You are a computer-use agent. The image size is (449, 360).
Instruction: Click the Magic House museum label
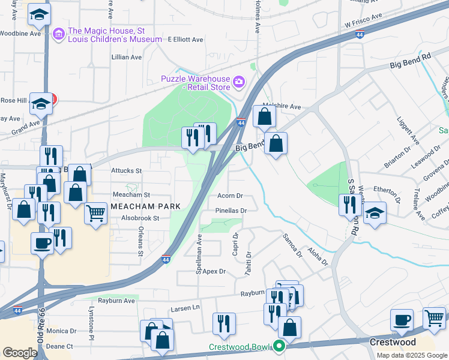115,35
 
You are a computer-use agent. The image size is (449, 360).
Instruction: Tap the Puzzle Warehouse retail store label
196,83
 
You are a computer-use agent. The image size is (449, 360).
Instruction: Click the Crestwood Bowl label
240,347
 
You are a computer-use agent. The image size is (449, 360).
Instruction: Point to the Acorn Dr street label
230,196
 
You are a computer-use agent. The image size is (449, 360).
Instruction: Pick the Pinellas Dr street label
231,211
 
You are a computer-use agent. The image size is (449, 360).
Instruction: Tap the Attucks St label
126,170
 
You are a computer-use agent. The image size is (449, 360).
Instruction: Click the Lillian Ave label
127,58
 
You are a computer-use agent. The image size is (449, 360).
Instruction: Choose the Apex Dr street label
214,271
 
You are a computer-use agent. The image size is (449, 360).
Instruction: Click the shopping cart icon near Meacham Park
96,212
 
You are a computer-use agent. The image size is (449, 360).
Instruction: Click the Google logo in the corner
19,352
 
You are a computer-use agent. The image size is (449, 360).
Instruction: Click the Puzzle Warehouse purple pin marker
239,81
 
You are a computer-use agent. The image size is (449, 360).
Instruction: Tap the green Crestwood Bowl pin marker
279,346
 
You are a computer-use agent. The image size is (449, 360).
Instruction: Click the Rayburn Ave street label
116,301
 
